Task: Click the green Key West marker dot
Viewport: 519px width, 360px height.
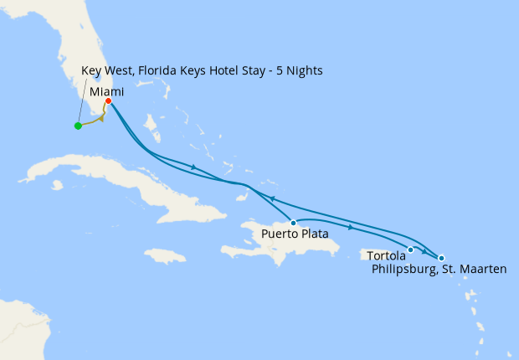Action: (78, 126)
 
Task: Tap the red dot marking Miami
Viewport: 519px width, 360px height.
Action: (109, 101)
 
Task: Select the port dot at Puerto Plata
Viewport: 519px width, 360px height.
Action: (293, 223)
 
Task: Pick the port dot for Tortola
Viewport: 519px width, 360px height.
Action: (410, 249)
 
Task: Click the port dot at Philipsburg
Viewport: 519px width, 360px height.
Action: (441, 258)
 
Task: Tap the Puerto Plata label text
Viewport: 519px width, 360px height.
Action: (294, 234)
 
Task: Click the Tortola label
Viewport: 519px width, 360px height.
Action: (385, 255)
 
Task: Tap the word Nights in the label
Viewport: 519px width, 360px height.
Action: (304, 70)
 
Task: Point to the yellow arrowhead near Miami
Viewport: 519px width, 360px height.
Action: (101, 118)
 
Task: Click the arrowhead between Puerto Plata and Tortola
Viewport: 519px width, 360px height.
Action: (349, 228)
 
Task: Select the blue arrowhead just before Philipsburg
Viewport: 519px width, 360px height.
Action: (425, 252)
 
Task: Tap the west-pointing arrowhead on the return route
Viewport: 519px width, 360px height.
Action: (271, 198)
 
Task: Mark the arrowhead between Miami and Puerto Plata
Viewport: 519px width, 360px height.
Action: (194, 167)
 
